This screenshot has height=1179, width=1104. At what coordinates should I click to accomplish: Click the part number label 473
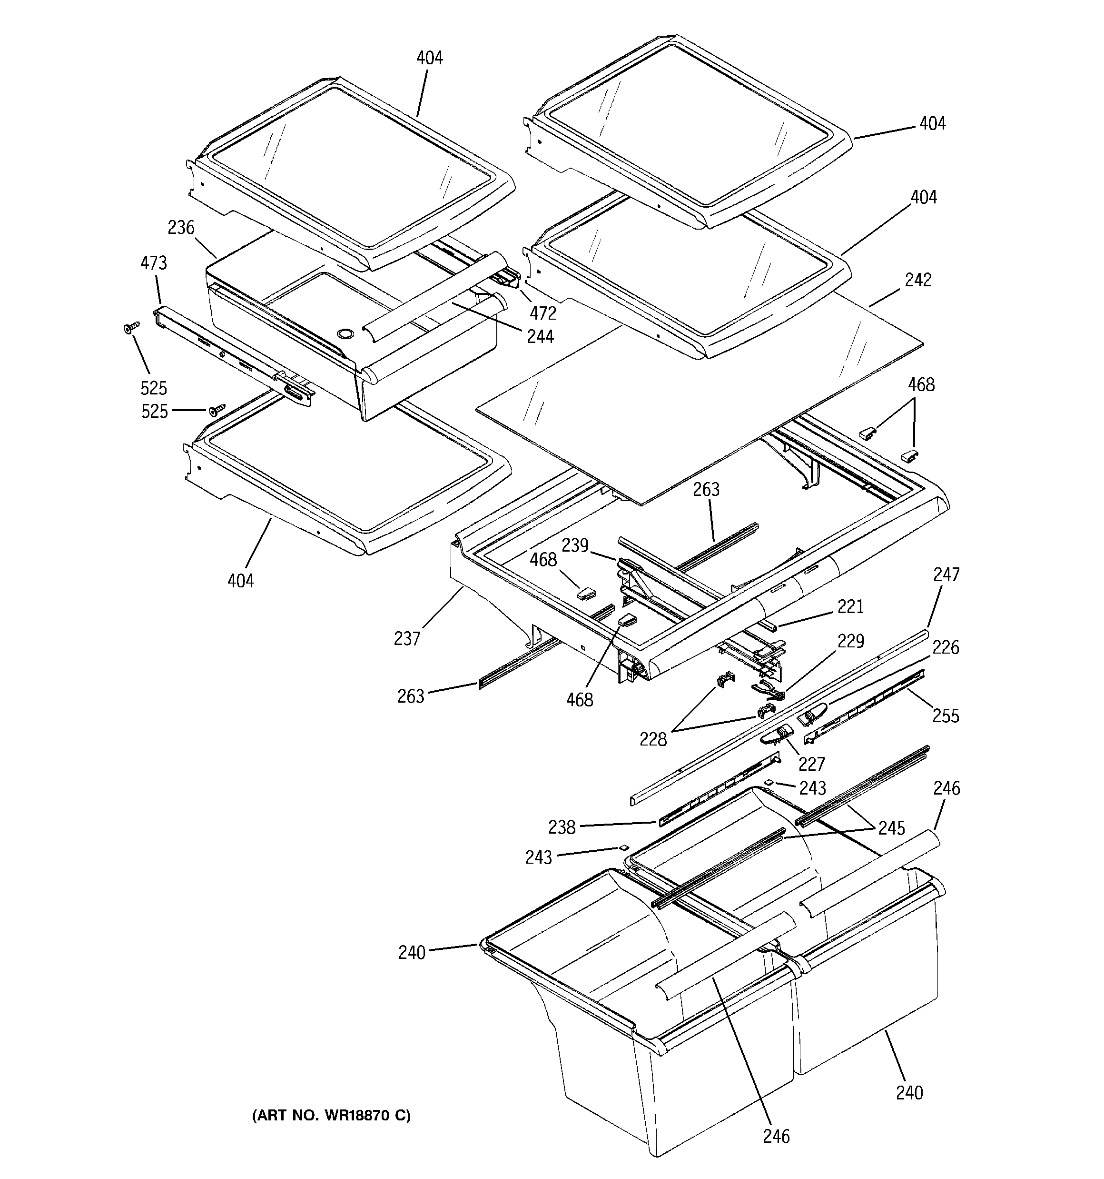pos(154,263)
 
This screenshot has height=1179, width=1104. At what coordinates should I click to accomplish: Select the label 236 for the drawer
pos(181,227)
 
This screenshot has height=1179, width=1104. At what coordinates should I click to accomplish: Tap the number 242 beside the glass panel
pos(918,280)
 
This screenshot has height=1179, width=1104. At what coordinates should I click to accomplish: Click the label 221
pos(850,606)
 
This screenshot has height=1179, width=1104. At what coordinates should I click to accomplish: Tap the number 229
pos(850,641)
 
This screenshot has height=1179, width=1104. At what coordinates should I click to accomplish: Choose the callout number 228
pos(652,739)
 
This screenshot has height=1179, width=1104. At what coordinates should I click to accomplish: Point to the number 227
pos(811,763)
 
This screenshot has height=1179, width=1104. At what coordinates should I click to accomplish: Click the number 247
pos(946,574)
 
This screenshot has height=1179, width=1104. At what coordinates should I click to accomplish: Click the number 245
pos(892,827)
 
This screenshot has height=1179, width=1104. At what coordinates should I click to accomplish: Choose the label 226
pos(945,647)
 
